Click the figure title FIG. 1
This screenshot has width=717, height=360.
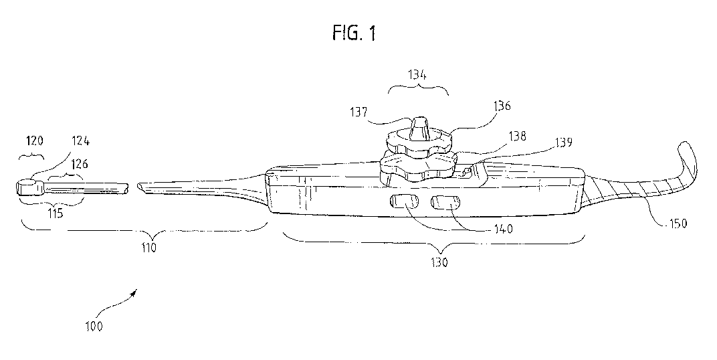[352, 33]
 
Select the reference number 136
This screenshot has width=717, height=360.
[502, 106]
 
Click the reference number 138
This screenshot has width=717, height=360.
[516, 135]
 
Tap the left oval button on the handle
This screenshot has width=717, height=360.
[404, 201]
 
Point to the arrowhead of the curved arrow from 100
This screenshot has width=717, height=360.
[138, 291]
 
